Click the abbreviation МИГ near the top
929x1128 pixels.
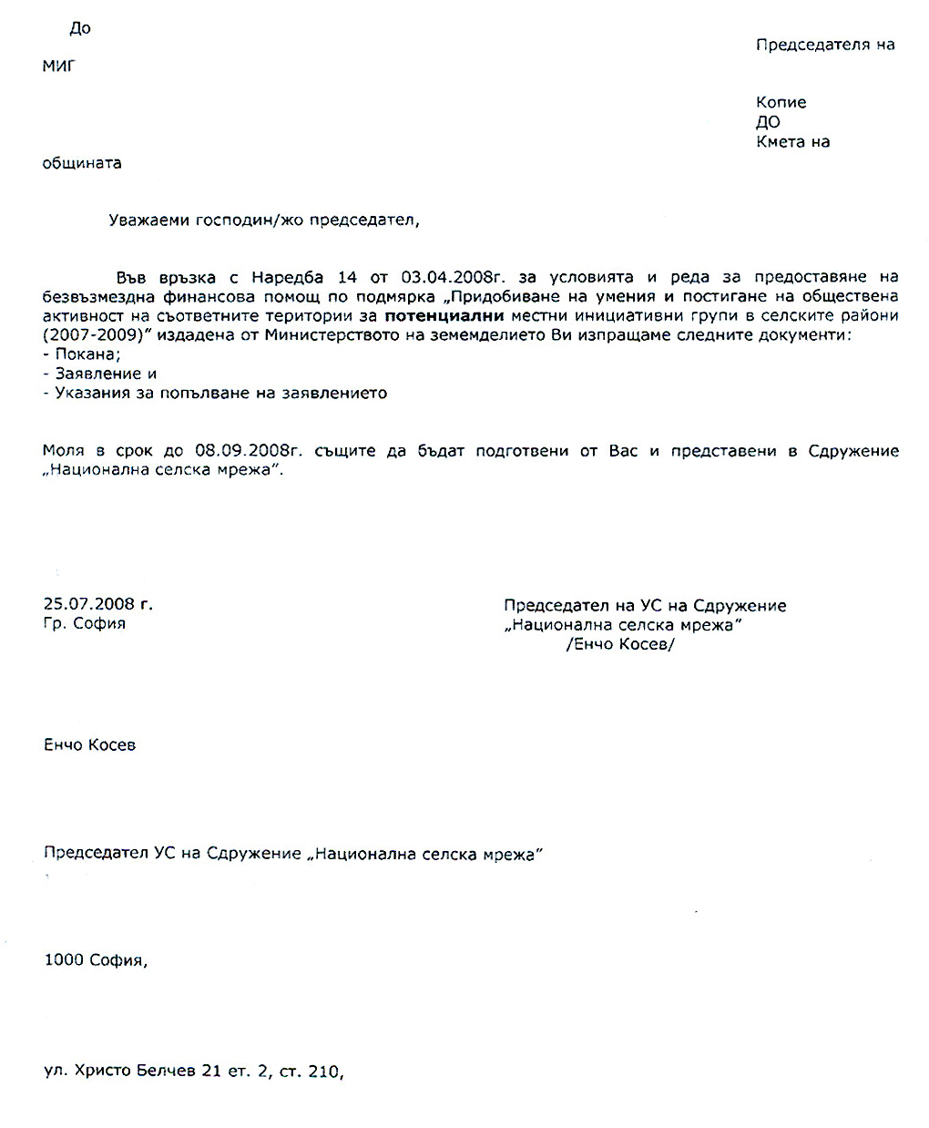(58, 66)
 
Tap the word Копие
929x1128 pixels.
(781, 103)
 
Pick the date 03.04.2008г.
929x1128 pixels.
(446, 277)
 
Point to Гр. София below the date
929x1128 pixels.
(84, 624)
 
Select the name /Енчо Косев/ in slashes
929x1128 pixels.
(620, 644)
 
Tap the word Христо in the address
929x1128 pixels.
(105, 1072)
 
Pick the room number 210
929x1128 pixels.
(324, 1072)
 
